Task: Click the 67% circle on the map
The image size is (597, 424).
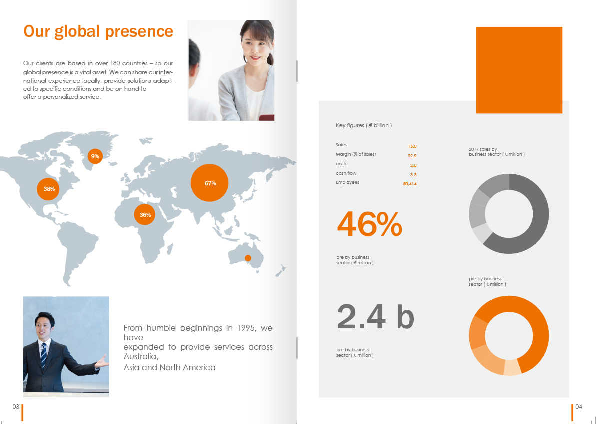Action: click(x=209, y=183)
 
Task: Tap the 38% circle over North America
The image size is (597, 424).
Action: click(x=48, y=189)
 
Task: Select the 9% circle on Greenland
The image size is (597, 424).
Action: click(x=95, y=156)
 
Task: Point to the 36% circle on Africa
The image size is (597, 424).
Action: click(x=145, y=215)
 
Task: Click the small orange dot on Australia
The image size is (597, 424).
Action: click(x=248, y=258)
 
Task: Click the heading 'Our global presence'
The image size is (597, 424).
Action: click(x=98, y=31)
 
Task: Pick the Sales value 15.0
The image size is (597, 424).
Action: click(x=412, y=146)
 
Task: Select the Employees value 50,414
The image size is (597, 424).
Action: click(x=410, y=184)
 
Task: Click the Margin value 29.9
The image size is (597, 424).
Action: click(x=412, y=156)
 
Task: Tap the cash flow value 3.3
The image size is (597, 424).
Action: click(x=413, y=175)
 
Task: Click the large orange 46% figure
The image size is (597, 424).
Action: click(x=369, y=225)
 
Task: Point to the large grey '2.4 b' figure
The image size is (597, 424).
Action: click(x=375, y=317)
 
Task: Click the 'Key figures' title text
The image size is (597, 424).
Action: click(x=364, y=125)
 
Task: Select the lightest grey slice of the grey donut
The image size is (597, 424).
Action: click(x=481, y=233)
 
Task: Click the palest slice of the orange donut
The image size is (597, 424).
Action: click(x=512, y=367)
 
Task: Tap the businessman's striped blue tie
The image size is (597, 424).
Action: click(x=44, y=355)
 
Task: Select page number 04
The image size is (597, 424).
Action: click(x=579, y=407)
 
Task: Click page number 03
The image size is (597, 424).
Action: click(x=16, y=407)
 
